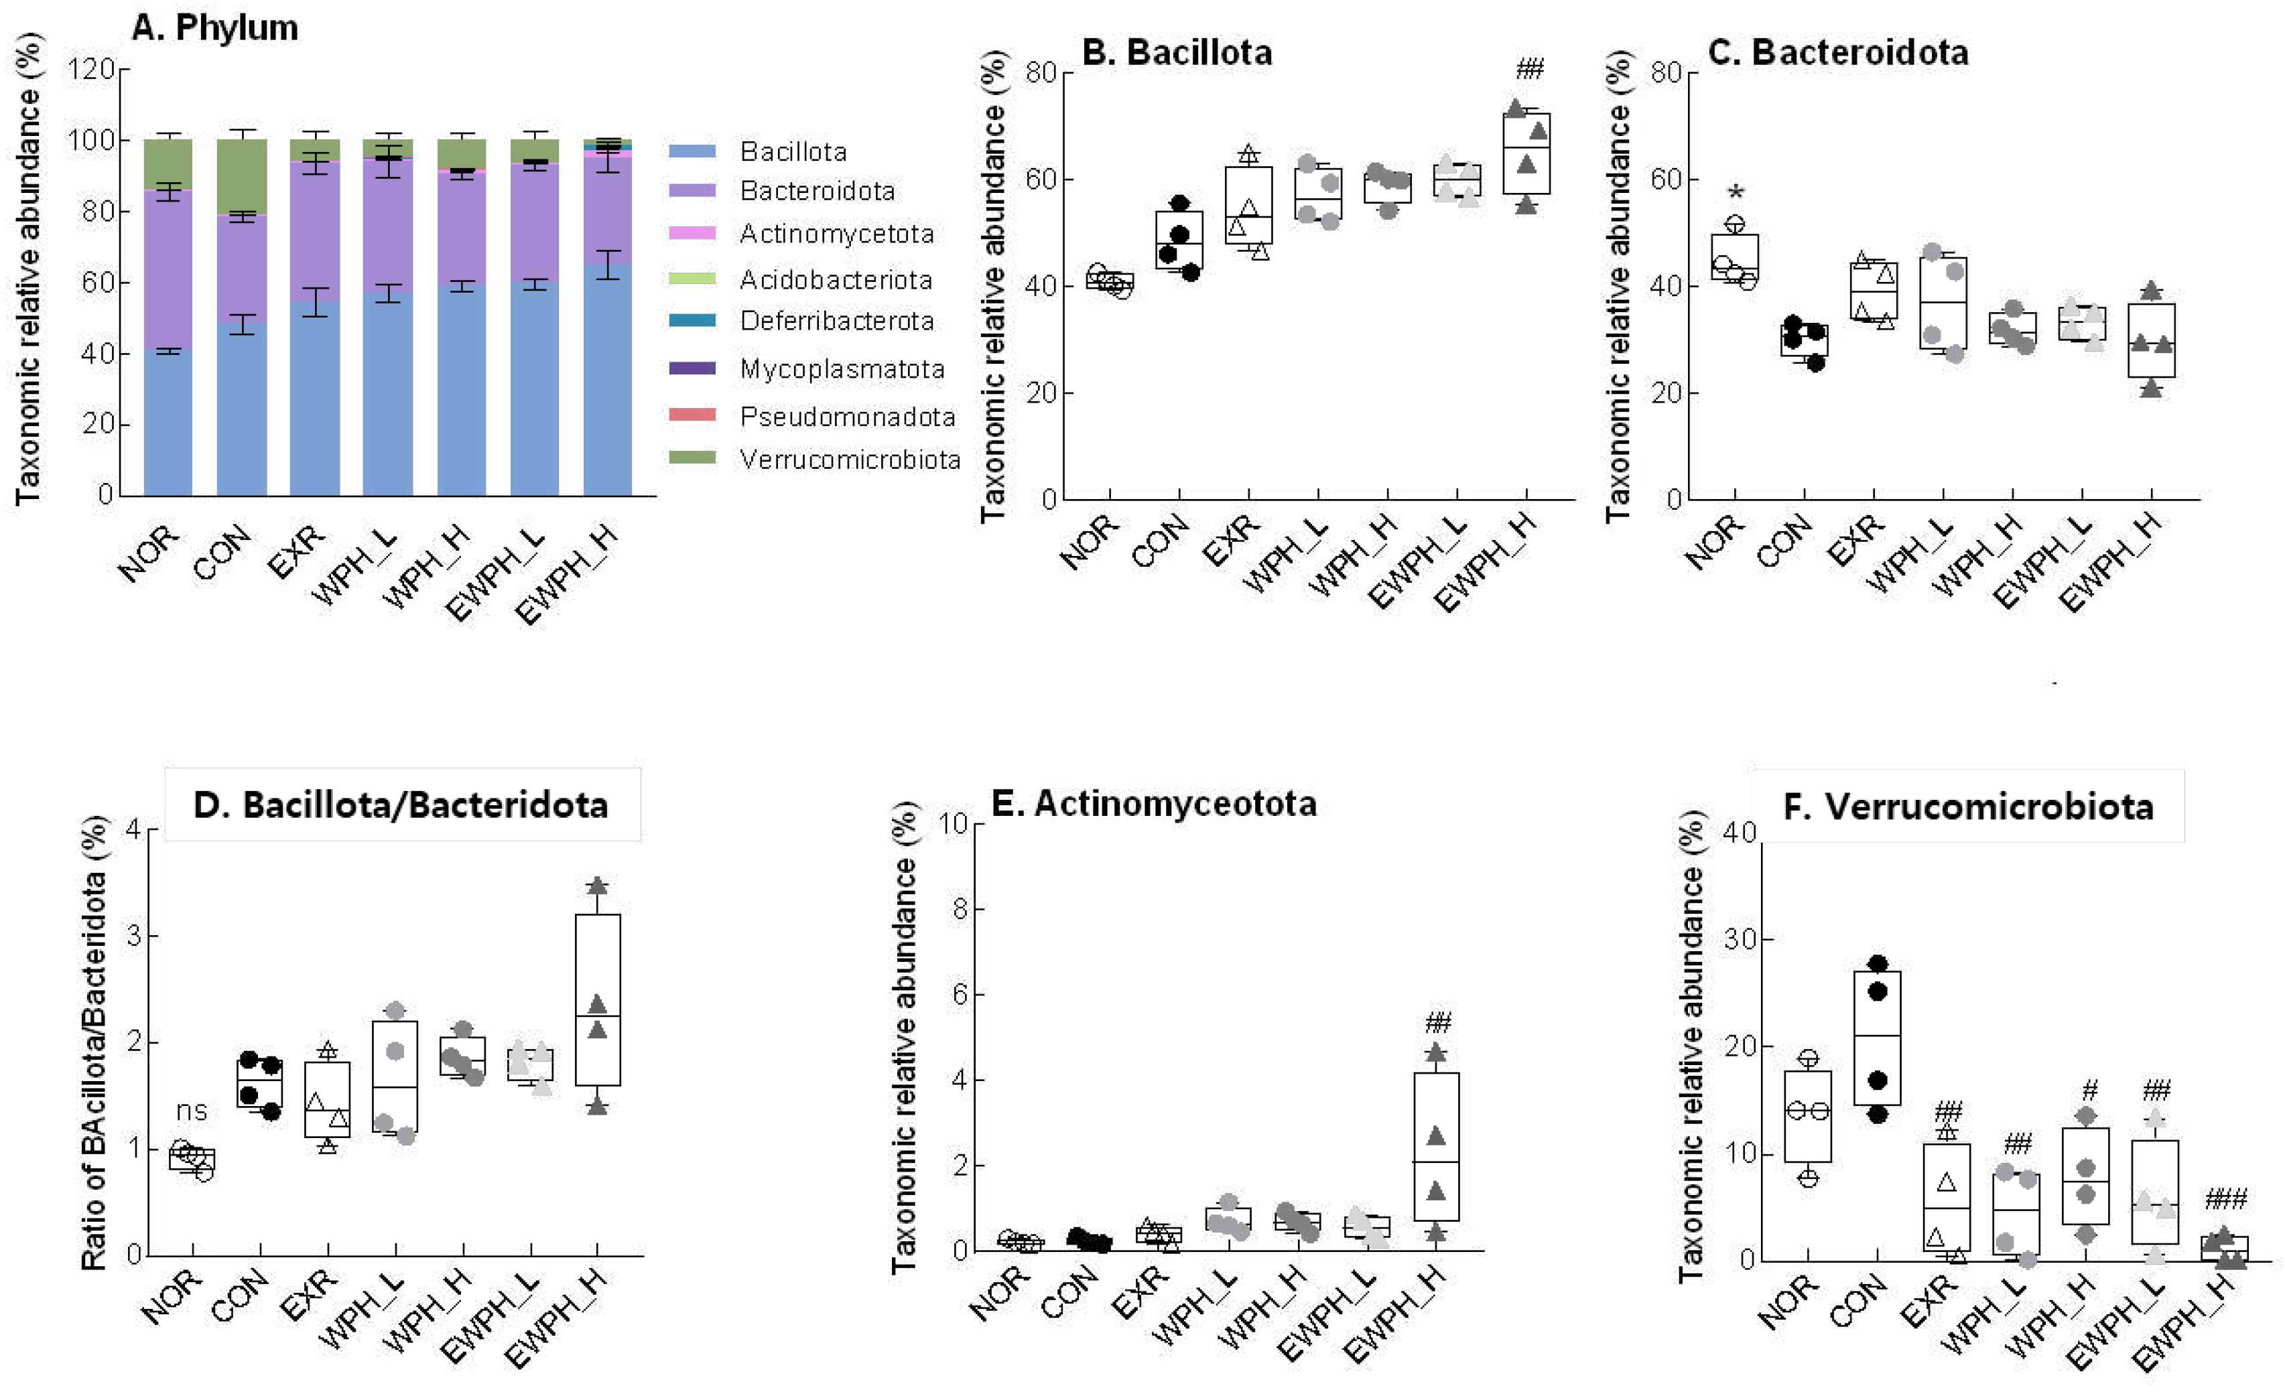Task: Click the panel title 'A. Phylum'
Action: (214, 28)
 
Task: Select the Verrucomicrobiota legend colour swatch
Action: (692, 457)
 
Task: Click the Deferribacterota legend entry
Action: (836, 321)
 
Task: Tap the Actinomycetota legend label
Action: (836, 234)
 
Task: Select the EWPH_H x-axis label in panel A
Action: (568, 575)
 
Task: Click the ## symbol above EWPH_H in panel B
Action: (1529, 68)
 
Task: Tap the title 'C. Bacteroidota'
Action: (1837, 52)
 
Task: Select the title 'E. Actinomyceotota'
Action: (1154, 802)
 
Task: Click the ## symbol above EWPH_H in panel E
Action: (1437, 1022)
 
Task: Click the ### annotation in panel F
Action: (2225, 1200)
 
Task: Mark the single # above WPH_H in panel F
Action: (2089, 1089)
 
